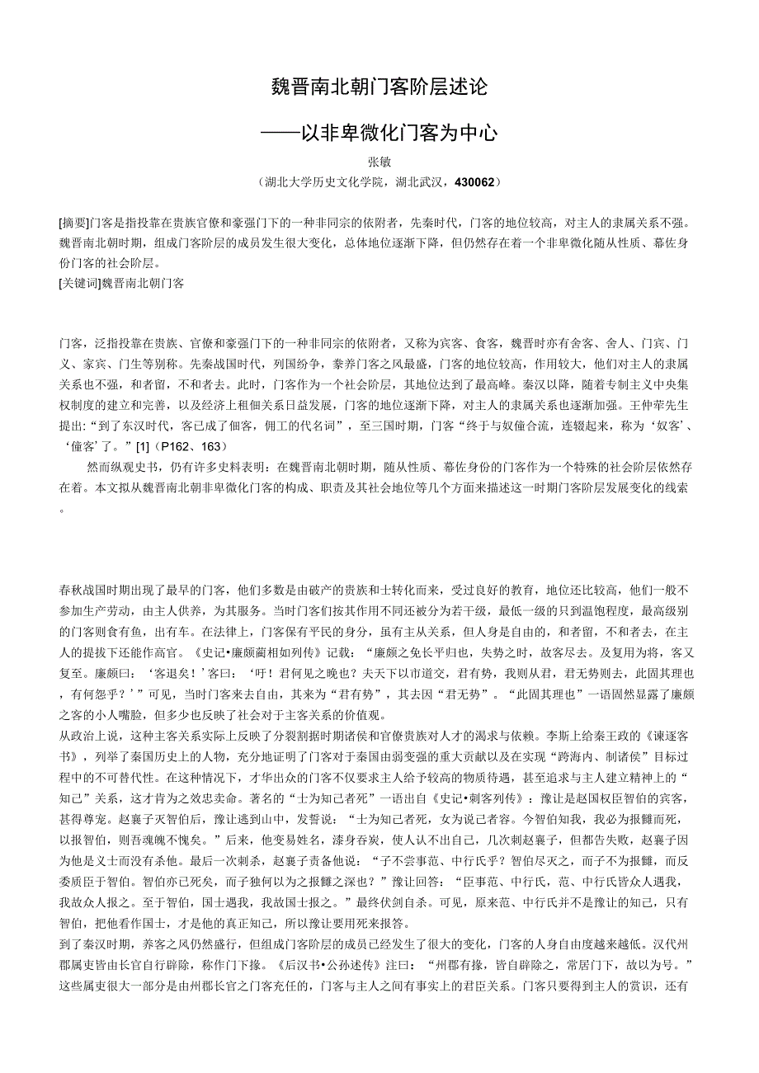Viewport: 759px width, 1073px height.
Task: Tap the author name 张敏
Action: pyautogui.click(x=379, y=162)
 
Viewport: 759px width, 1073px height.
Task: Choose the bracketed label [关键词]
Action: pyautogui.click(x=79, y=283)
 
